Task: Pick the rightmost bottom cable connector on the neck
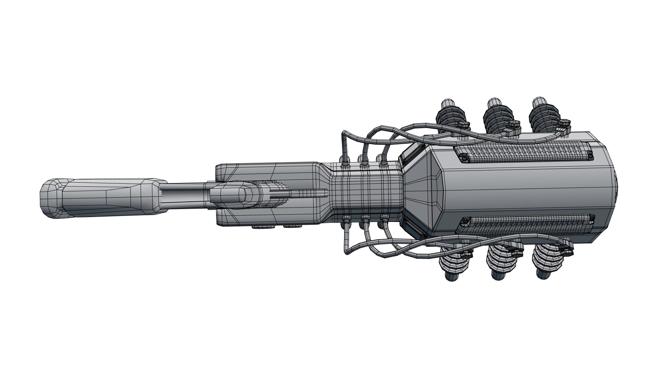pyautogui.click(x=384, y=220)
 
